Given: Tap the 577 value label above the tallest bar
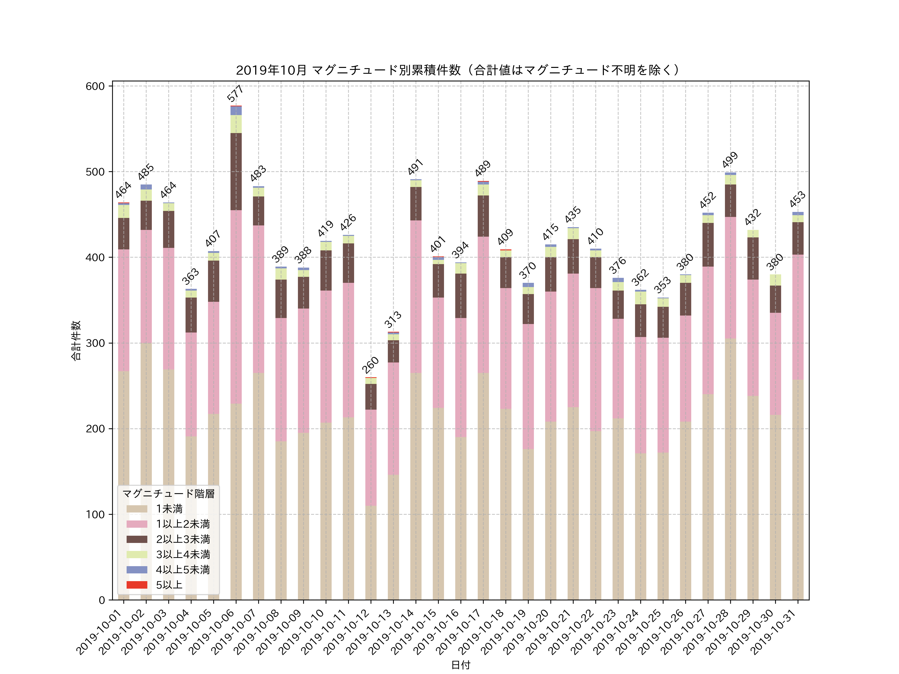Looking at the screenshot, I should point(235,93).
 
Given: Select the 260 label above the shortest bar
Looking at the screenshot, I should point(370,365).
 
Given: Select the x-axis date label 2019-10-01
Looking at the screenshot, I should point(100,632).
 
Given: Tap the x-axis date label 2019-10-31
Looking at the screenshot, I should point(774,632).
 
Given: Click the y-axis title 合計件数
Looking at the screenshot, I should point(76,340).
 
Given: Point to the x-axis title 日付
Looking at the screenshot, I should point(460,665).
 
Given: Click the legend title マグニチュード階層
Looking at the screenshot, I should point(168,494).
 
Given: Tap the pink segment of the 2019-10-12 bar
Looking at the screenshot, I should point(371,458).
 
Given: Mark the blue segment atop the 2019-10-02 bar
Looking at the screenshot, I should point(146,187).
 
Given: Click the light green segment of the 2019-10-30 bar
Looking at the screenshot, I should point(775,280).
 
